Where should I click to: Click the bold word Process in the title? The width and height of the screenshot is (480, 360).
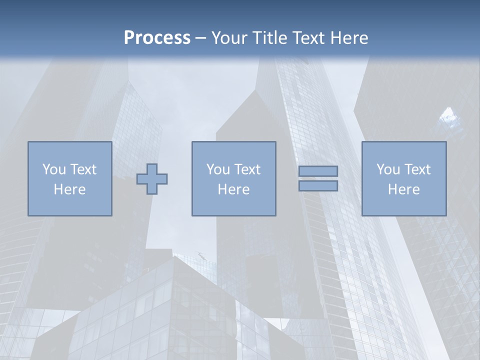pyautogui.click(x=157, y=38)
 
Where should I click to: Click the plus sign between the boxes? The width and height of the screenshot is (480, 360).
pyautogui.click(x=152, y=179)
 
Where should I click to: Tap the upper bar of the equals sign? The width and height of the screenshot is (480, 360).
pyautogui.click(x=318, y=171)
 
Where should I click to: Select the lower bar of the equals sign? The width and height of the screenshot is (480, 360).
pyautogui.click(x=318, y=185)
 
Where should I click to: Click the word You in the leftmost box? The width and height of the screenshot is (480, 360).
pyautogui.click(x=54, y=169)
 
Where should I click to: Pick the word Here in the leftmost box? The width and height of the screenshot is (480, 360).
pyautogui.click(x=69, y=189)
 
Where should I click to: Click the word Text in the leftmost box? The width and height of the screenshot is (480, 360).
pyautogui.click(x=83, y=169)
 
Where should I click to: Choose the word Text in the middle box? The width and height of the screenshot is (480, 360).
pyautogui.click(x=247, y=169)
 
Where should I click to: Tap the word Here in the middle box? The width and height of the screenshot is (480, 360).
pyautogui.click(x=233, y=189)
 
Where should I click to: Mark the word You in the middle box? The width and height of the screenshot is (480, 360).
pyautogui.click(x=218, y=169)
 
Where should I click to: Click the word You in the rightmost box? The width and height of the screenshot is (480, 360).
pyautogui.click(x=388, y=169)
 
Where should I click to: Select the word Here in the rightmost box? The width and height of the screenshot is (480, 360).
pyautogui.click(x=403, y=189)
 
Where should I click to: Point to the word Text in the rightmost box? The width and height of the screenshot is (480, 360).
pyautogui.click(x=417, y=169)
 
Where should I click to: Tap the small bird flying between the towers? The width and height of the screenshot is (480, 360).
pyautogui.click(x=201, y=255)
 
